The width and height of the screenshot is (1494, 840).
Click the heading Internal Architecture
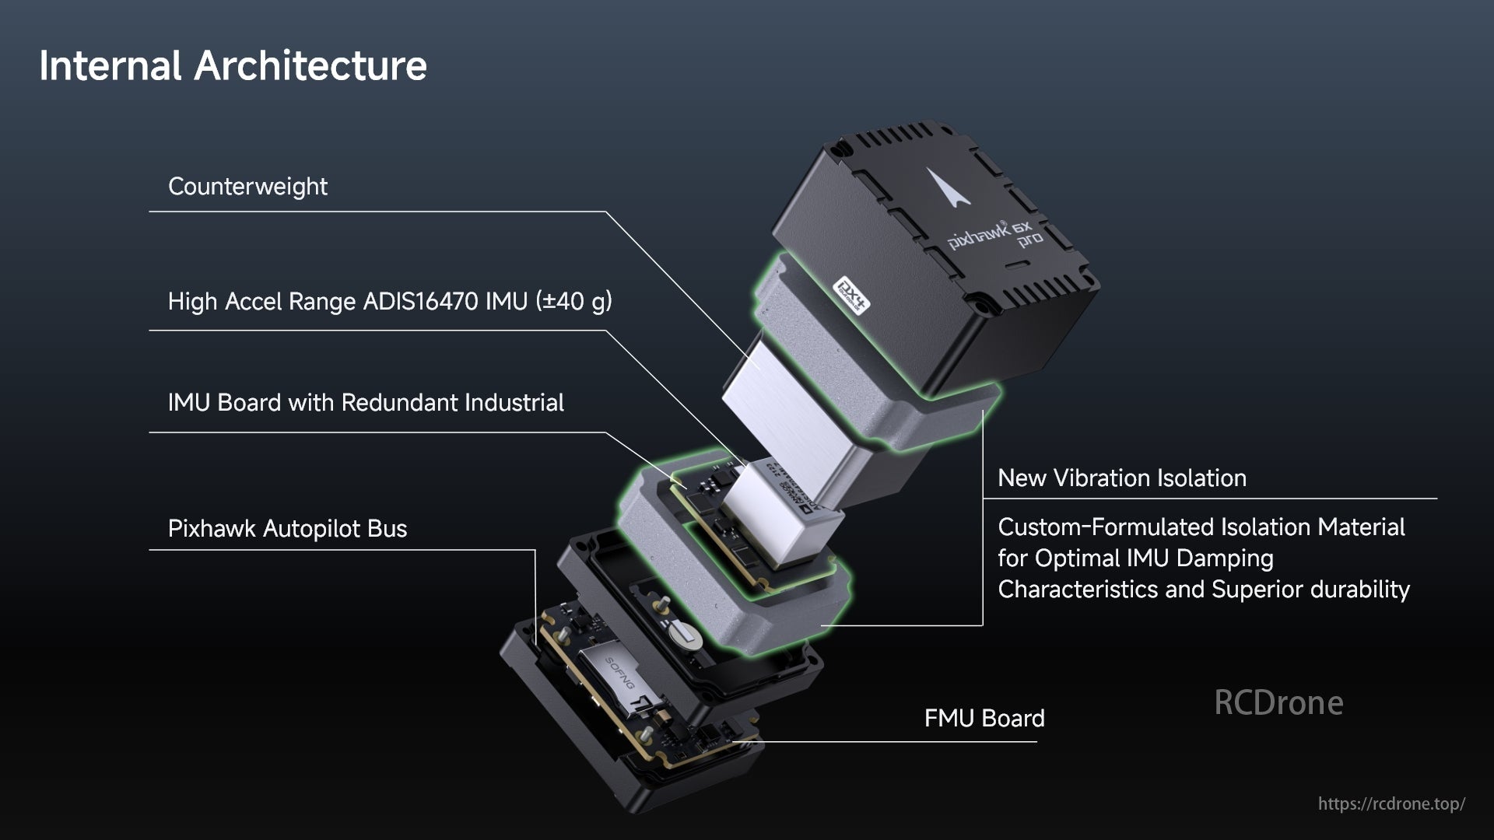(x=233, y=65)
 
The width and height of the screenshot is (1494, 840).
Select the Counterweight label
(x=247, y=187)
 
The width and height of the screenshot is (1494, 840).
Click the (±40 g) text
(x=573, y=301)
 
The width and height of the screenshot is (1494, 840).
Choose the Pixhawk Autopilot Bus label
(x=287, y=529)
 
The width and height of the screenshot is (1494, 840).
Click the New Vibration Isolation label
(x=1121, y=478)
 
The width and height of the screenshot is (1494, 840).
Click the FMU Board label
(x=984, y=718)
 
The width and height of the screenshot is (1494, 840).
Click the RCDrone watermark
(x=1278, y=702)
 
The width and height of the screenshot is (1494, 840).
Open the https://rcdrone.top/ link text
(x=1391, y=803)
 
